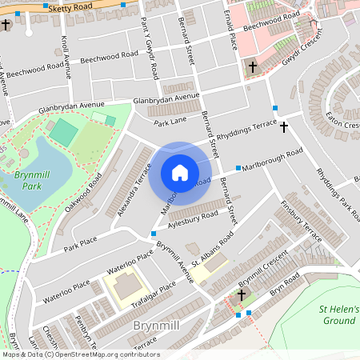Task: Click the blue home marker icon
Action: click(180, 173)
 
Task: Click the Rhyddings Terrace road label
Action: click(246, 130)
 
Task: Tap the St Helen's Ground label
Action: click(338, 314)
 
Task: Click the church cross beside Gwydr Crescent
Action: click(253, 67)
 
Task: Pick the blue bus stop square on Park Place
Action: click(153, 234)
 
